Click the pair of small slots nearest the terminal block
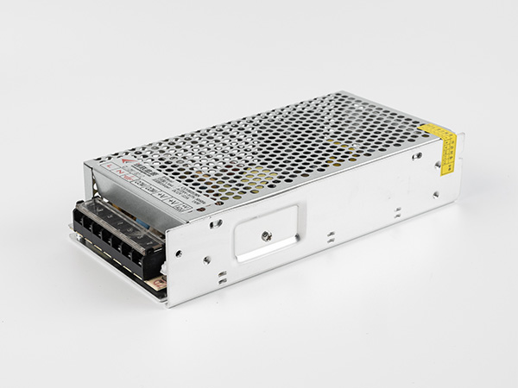tap(222, 278)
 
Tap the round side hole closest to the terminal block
tap(178, 253)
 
